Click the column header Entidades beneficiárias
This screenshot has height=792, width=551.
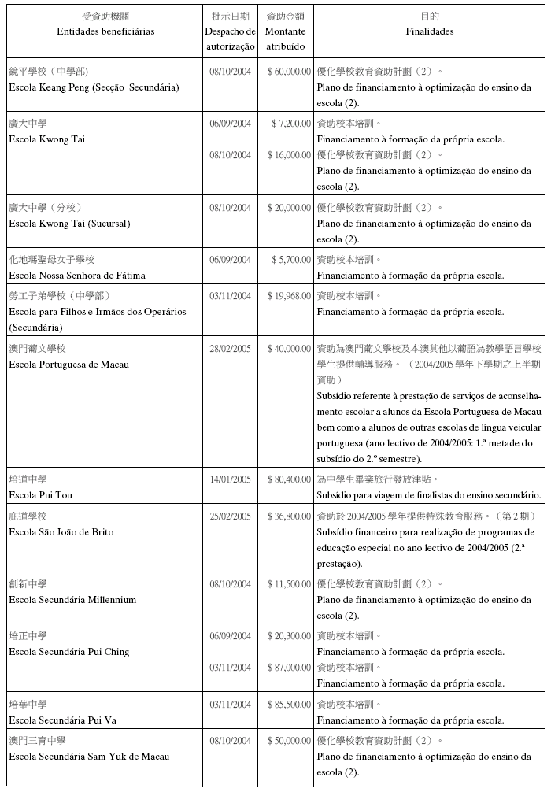105,31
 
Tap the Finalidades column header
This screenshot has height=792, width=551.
429,31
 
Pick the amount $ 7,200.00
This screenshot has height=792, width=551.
291,124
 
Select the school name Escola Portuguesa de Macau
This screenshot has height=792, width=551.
68,365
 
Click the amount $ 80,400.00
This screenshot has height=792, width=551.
288,479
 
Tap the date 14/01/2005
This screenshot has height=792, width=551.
230,479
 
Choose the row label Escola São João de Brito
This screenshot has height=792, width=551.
61,532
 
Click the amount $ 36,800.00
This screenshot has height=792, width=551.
288,516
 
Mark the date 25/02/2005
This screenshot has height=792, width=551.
230,516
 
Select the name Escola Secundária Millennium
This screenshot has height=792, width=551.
72,600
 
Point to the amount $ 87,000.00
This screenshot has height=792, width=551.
288,668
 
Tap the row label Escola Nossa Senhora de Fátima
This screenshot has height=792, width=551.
76,276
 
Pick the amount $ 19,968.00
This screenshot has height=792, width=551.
288,296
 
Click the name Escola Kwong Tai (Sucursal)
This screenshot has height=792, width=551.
69,224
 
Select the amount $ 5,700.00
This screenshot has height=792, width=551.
291,260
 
